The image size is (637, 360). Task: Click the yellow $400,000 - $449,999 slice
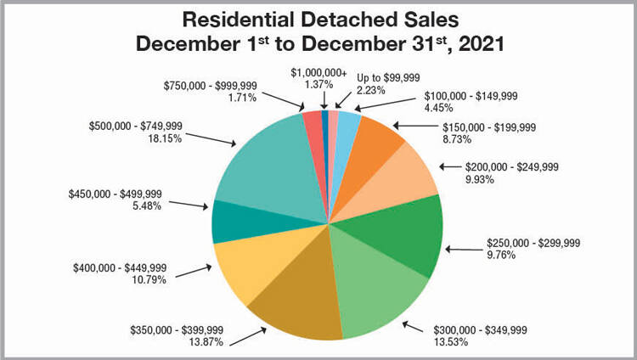246,267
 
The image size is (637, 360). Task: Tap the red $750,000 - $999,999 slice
313,122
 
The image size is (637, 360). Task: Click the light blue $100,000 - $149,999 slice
348,122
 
